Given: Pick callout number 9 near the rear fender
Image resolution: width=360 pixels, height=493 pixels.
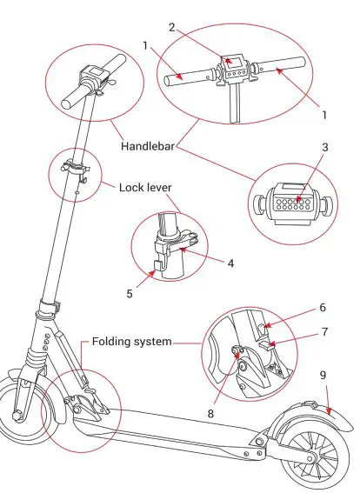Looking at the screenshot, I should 323,376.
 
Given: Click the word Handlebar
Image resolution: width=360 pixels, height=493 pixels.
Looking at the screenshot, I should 149,149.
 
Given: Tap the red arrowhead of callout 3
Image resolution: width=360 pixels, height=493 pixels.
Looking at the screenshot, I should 297,202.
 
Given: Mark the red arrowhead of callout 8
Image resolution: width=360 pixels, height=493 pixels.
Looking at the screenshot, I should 237,351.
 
